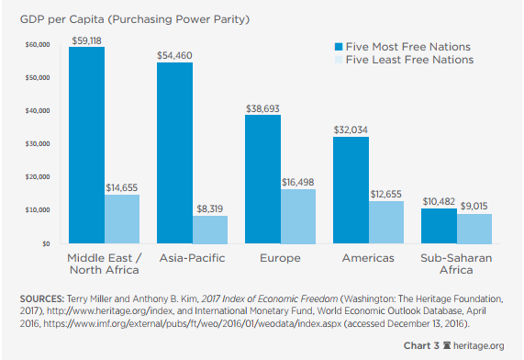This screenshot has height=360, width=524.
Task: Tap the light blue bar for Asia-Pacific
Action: pyautogui.click(x=209, y=230)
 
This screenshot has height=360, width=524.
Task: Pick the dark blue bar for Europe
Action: pyautogui.click(x=263, y=179)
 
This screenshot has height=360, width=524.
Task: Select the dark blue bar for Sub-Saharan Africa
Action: pyautogui.click(x=438, y=226)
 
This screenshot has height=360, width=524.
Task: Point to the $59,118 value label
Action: pyautogui.click(x=86, y=39)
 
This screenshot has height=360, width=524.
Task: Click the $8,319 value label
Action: pyautogui.click(x=209, y=208)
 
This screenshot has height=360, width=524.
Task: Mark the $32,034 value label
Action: pyautogui.click(x=351, y=129)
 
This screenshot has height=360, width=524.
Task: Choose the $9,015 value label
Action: pyautogui.click(x=474, y=207)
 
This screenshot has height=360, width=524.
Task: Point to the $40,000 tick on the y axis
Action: pyautogui.click(x=37, y=111)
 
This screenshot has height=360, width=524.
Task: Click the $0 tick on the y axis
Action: pyautogui.click(x=44, y=244)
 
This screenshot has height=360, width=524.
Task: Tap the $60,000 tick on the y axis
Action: pyautogui.click(x=37, y=45)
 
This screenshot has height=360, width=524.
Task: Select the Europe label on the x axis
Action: pyautogui.click(x=281, y=258)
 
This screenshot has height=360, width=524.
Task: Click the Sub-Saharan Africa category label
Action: pyautogui.click(x=456, y=264)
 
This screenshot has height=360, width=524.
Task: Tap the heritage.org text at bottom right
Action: pyautogui.click(x=478, y=345)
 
